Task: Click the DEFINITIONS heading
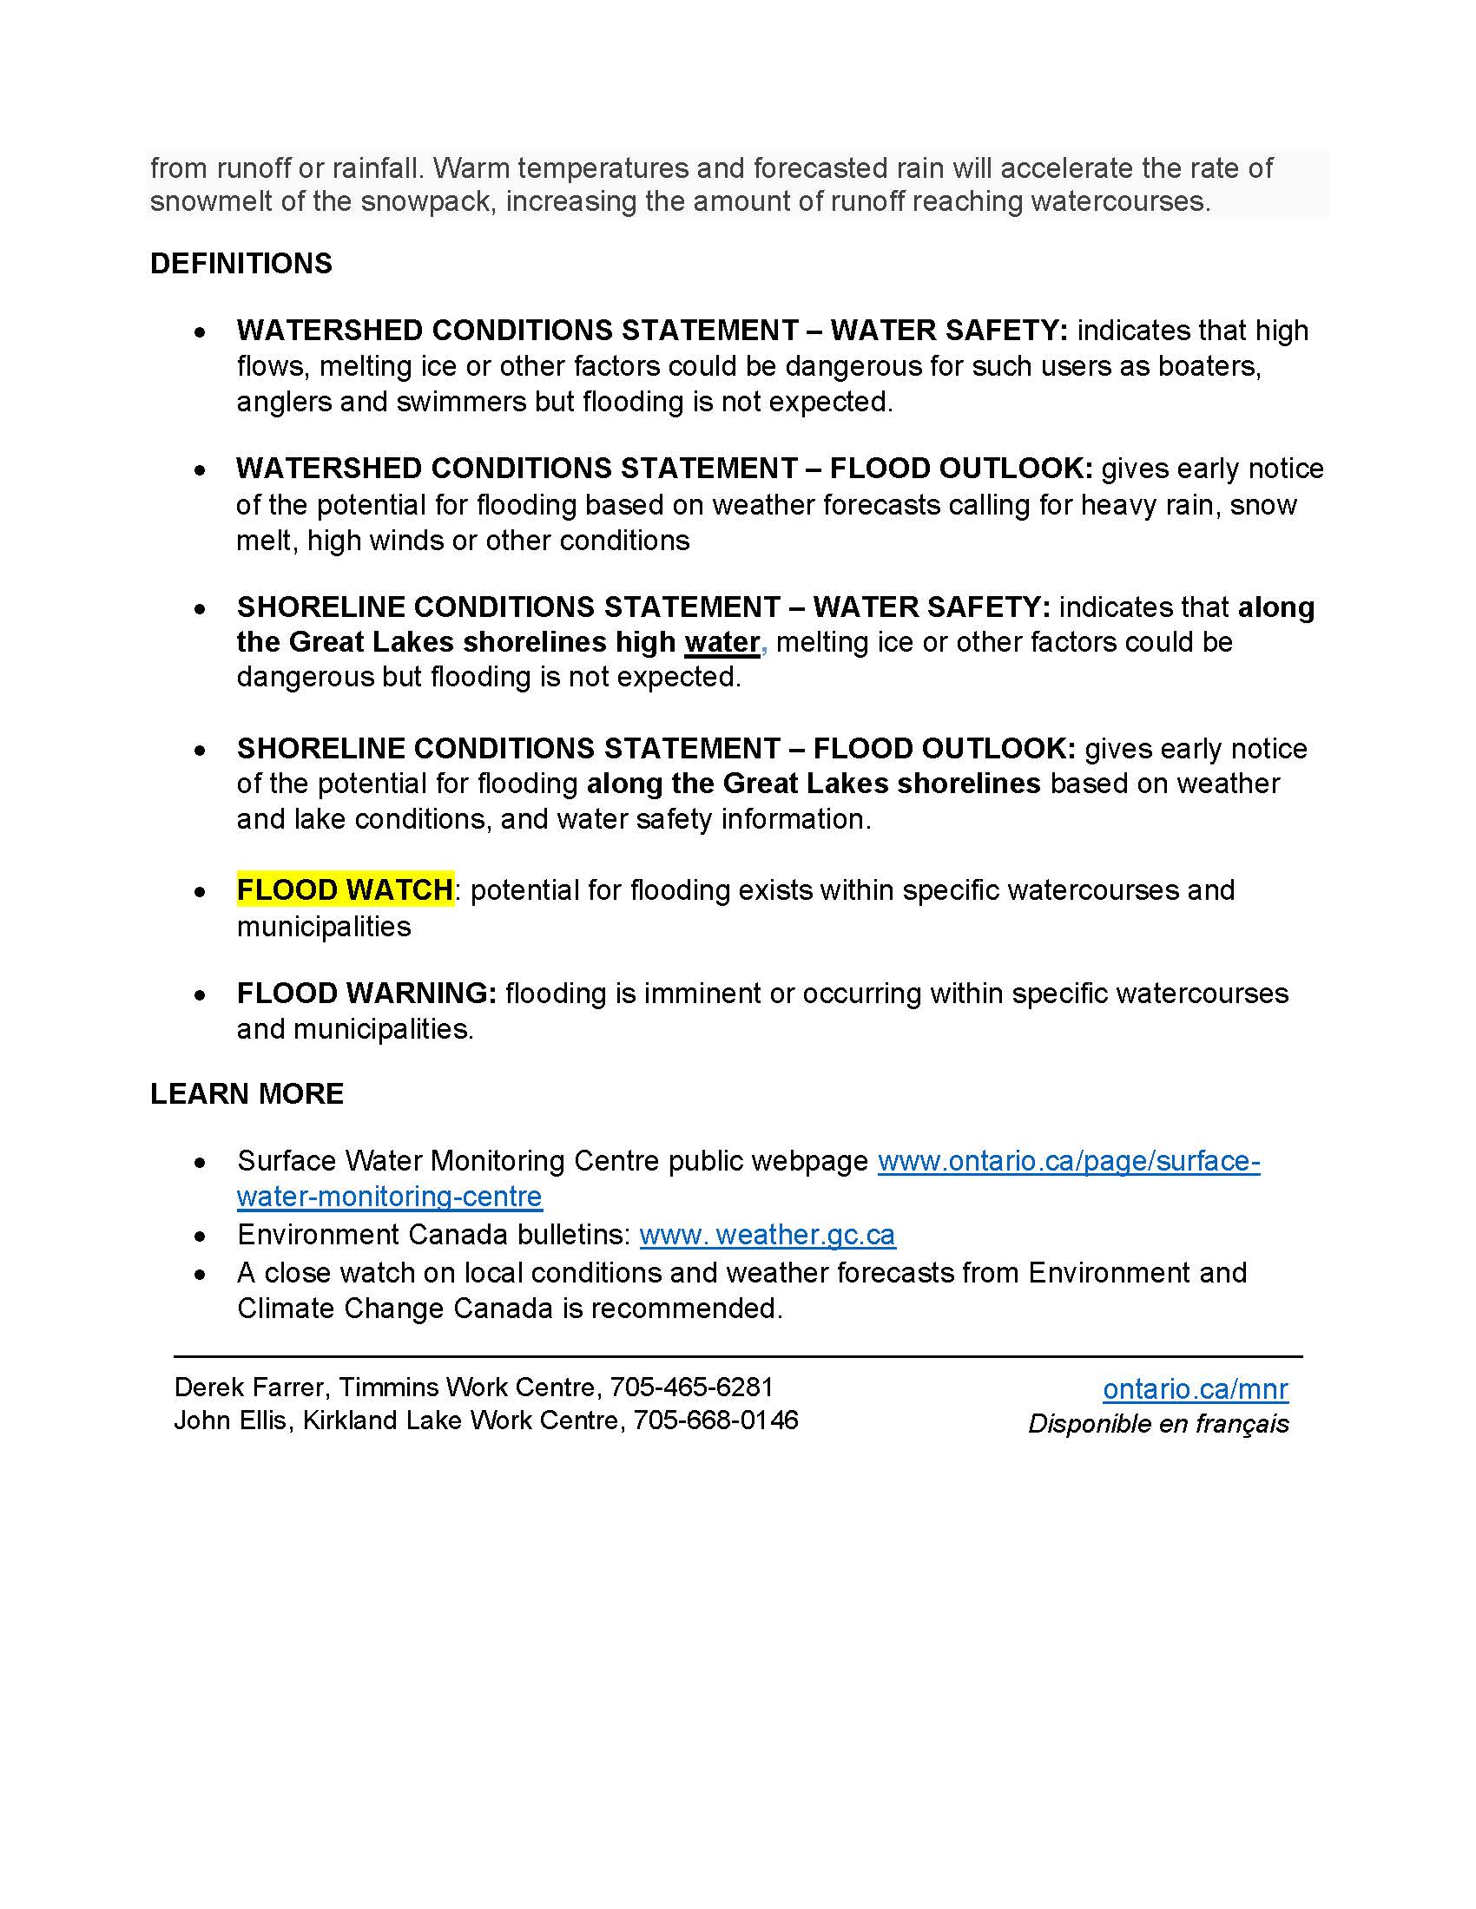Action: pos(241,263)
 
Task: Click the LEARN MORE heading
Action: pos(247,1093)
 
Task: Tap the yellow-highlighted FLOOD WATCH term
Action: pos(345,889)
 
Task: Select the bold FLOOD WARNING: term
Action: pos(366,993)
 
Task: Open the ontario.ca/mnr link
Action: pos(1195,1389)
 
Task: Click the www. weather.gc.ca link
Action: pos(767,1234)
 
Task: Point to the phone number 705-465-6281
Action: pos(691,1387)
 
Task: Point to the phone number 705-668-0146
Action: pos(715,1420)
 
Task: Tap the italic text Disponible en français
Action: pos(1157,1424)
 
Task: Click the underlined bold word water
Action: pos(722,642)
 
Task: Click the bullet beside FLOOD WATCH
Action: pos(201,892)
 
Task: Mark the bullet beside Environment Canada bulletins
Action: pos(201,1237)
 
